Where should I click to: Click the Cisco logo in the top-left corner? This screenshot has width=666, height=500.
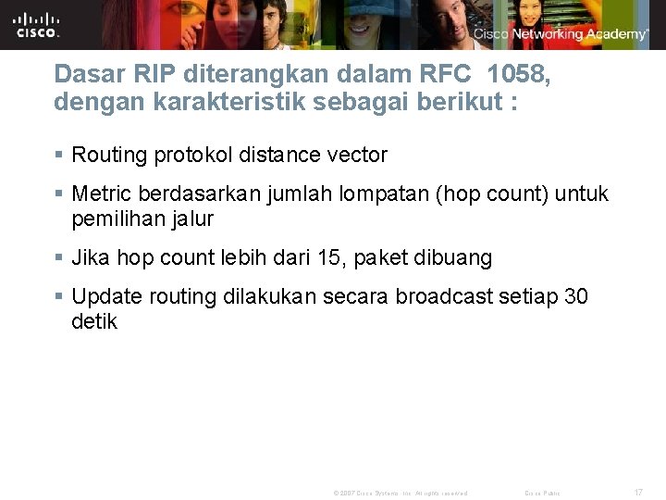pos(37,25)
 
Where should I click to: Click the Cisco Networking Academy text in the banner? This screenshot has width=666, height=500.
pos(561,34)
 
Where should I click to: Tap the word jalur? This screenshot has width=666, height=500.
pos(191,219)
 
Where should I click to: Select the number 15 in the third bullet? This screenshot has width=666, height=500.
pos(330,257)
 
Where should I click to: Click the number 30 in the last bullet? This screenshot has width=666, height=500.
pos(575,296)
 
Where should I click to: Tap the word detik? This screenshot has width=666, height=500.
pos(94,321)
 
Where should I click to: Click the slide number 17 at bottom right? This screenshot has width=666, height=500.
pos(638,492)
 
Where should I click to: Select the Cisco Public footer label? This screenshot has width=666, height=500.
pos(543,493)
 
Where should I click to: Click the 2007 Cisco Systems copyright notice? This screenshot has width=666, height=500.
pos(400,493)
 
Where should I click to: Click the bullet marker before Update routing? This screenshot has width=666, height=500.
pos(59,297)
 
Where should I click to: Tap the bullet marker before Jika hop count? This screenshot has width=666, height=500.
pos(59,258)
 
